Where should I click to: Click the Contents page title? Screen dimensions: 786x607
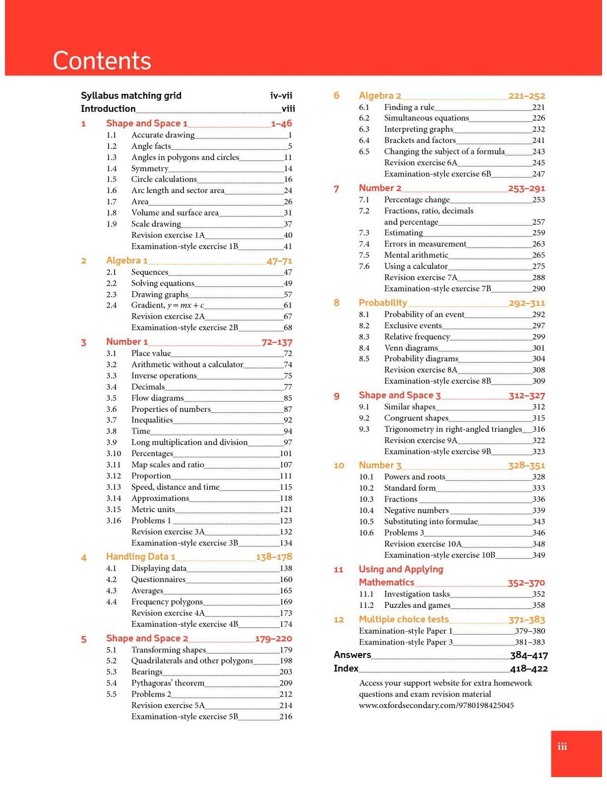(102, 61)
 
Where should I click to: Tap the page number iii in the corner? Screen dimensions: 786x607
(562, 746)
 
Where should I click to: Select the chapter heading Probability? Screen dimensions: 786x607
(383, 303)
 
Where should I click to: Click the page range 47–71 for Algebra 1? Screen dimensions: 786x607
(279, 261)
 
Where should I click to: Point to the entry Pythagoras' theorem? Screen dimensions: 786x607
(168, 683)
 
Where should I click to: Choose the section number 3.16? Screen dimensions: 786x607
(114, 521)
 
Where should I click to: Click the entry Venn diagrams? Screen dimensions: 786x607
(411, 348)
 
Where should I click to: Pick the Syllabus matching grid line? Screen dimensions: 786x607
(131, 96)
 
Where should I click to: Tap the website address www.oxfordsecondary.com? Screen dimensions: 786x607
(436, 705)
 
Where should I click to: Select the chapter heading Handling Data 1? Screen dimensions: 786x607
(140, 557)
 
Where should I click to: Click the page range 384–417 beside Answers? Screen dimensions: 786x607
(529, 655)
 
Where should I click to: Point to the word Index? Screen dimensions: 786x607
(346, 668)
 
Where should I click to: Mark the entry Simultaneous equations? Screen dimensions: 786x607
(426, 118)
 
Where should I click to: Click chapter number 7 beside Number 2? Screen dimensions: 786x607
(336, 189)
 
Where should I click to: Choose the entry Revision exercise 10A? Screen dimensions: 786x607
(423, 544)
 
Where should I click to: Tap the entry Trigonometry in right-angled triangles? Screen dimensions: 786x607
(453, 429)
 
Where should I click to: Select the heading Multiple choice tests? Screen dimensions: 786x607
(404, 619)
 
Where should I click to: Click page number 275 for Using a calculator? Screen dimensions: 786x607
(538, 266)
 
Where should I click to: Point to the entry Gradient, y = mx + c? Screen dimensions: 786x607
(167, 305)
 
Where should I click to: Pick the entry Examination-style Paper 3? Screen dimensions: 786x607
(406, 642)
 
